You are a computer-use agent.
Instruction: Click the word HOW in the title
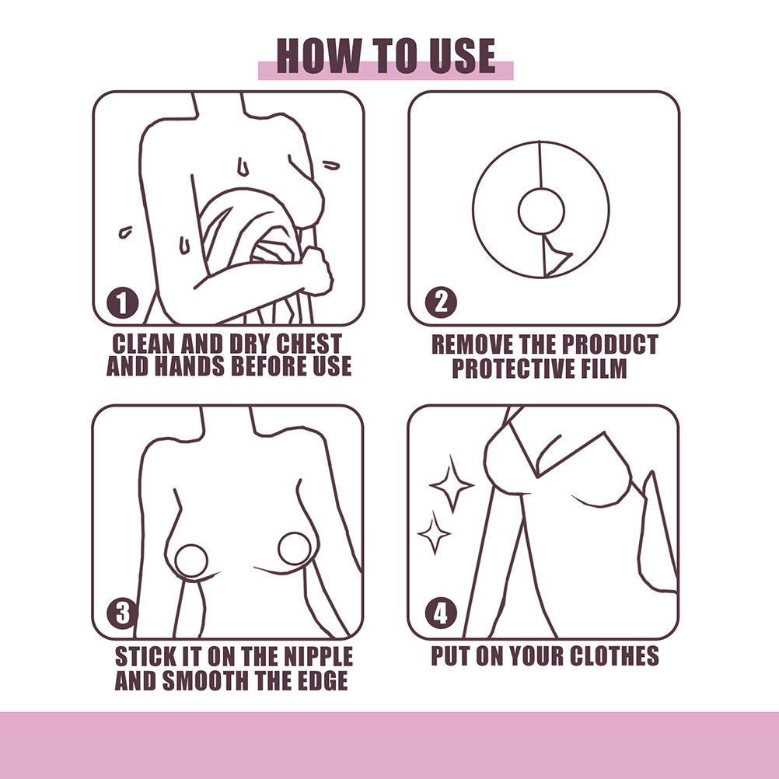pyautogui.click(x=319, y=56)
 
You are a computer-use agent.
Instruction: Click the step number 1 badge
pyautogui.click(x=122, y=302)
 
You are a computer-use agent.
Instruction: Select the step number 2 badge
pyautogui.click(x=441, y=302)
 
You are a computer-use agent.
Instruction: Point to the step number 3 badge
pyautogui.click(x=122, y=613)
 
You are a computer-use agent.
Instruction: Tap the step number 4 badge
pyautogui.click(x=441, y=613)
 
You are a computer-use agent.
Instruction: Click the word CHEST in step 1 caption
pyautogui.click(x=309, y=344)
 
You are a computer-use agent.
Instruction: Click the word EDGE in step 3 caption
pyautogui.click(x=323, y=680)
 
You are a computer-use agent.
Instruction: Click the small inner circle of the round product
pyautogui.click(x=541, y=211)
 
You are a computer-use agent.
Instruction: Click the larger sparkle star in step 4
pyautogui.click(x=451, y=484)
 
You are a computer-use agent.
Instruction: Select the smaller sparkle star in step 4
pyautogui.click(x=435, y=533)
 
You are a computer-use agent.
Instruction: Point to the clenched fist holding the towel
pyautogui.click(x=316, y=271)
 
